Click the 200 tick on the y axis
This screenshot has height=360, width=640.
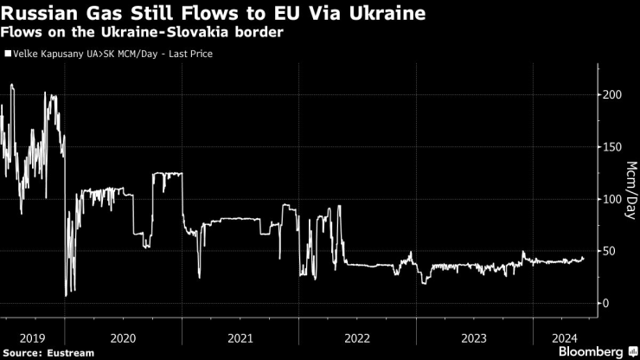tap(611, 94)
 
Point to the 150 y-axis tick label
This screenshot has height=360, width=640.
tap(611, 146)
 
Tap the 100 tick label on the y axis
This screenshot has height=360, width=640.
tap(611, 199)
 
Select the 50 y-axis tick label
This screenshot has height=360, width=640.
tap(609, 251)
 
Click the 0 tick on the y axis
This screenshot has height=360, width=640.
tap(606, 303)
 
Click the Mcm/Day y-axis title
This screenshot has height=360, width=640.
tap(630, 190)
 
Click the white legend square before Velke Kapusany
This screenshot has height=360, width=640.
tap(8, 54)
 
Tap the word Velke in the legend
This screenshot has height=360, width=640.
tap(26, 54)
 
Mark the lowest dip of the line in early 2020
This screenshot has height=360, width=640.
tap(66, 296)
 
